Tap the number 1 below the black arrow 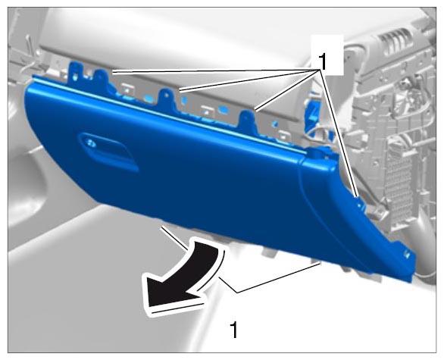[x=233, y=330]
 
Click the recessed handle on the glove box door [x=108, y=152]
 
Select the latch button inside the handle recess [x=92, y=143]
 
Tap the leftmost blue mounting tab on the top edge [x=75, y=73]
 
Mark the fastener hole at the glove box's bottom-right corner [x=407, y=255]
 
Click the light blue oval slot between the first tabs [x=148, y=99]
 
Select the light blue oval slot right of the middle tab [x=224, y=108]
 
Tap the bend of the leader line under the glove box [x=236, y=292]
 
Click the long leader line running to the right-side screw [x=339, y=133]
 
